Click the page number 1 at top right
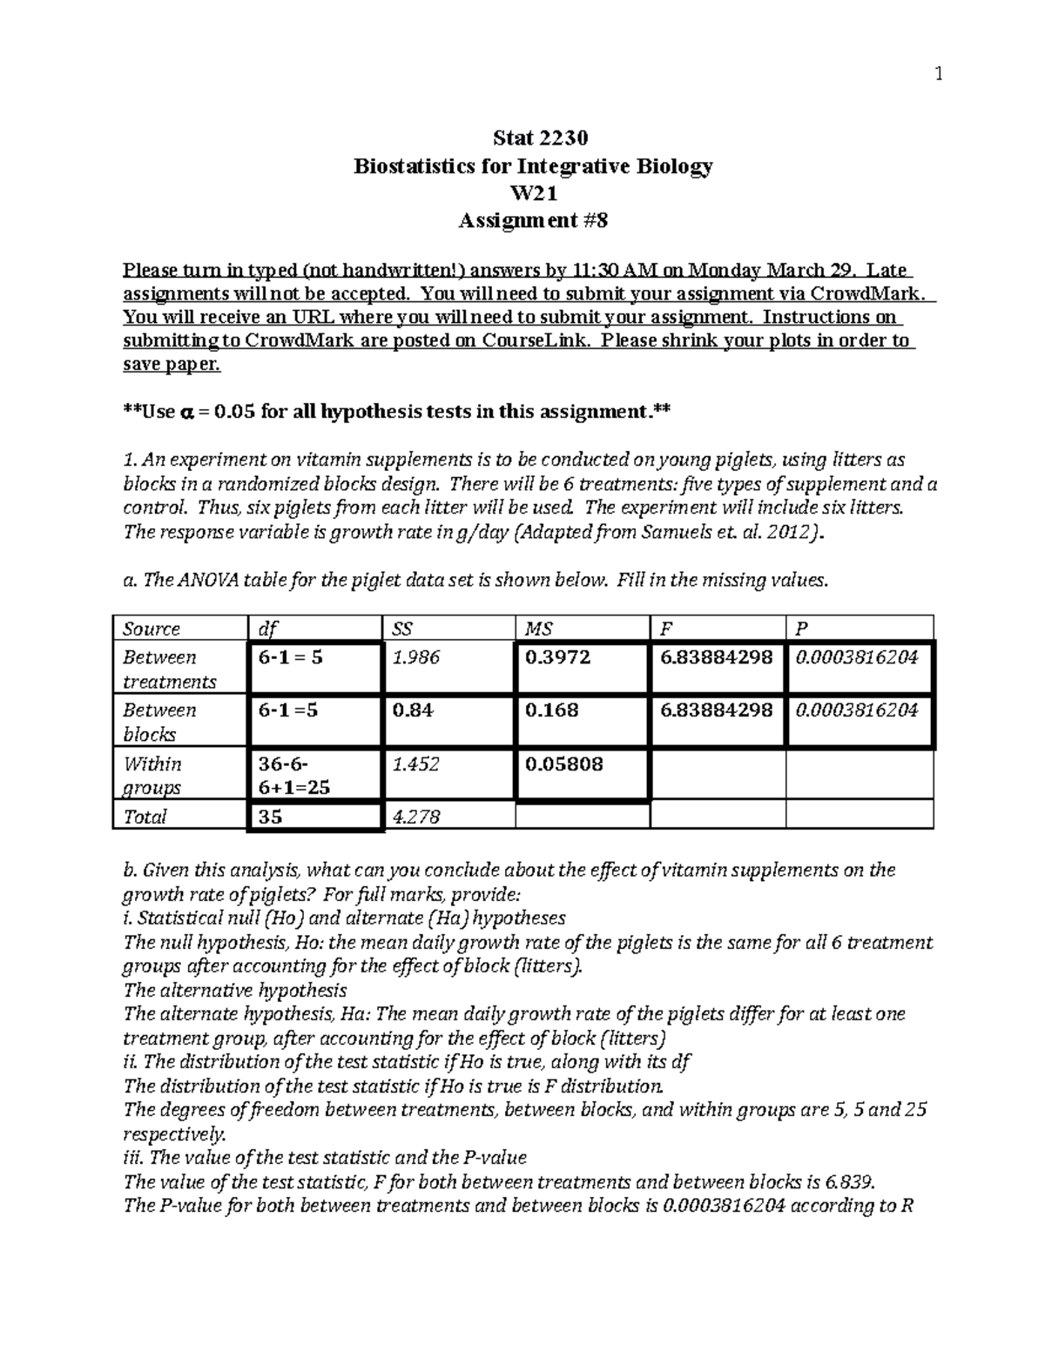coord(938,75)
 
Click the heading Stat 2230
coord(540,138)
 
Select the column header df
coord(266,629)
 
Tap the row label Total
coord(145,817)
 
